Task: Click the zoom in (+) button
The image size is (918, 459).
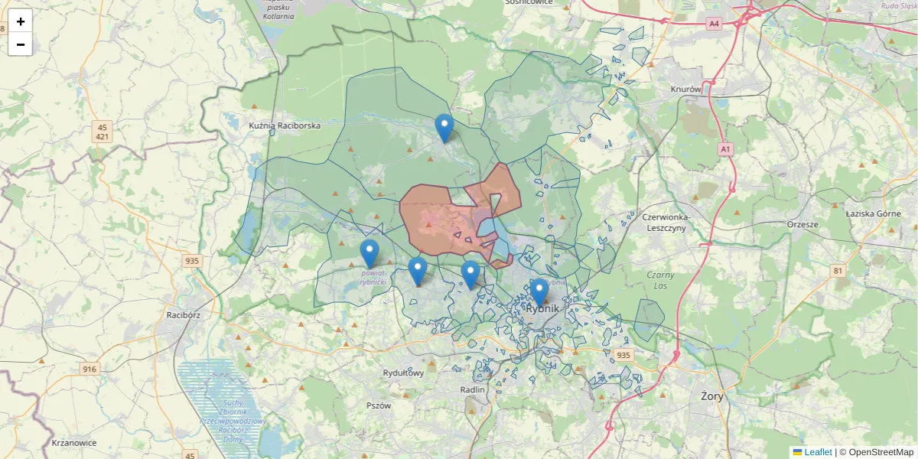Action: [x=21, y=21]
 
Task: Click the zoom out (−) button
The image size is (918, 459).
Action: [x=21, y=44]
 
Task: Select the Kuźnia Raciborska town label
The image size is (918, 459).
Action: [x=285, y=125]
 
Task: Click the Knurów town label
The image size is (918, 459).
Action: [x=685, y=89]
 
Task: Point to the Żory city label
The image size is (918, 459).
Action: [x=711, y=396]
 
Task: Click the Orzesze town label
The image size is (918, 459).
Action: [x=802, y=225]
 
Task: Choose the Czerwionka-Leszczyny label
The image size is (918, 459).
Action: [x=667, y=222]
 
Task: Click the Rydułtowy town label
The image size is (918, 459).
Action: [x=403, y=373]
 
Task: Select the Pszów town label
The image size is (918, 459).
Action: [x=379, y=405]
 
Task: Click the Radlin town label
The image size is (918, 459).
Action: [x=473, y=389]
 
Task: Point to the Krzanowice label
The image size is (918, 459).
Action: [x=74, y=443]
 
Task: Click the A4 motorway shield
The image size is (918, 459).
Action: [x=715, y=24]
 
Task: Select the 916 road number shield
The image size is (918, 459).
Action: [x=90, y=369]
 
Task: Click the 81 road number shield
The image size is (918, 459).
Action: [x=838, y=270]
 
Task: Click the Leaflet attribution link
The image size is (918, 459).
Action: [x=818, y=452]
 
